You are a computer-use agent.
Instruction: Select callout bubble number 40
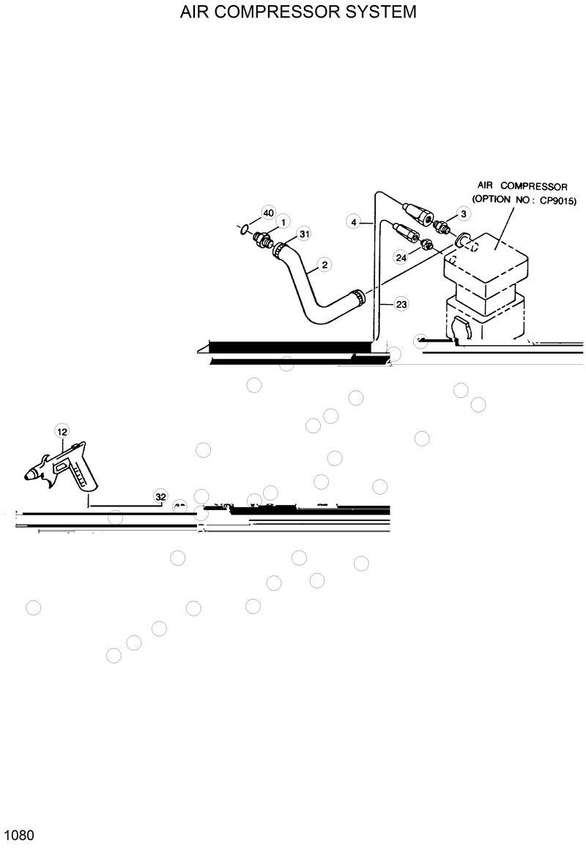pyautogui.click(x=268, y=213)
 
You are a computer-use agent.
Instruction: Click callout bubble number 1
pyautogui.click(x=282, y=221)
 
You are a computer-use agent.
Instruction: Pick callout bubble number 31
pyautogui.click(x=304, y=235)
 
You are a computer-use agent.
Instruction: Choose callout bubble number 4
pyautogui.click(x=354, y=221)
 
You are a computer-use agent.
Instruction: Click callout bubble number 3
pyautogui.click(x=463, y=213)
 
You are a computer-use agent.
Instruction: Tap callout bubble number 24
pyautogui.click(x=401, y=257)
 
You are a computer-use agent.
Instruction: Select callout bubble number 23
pyautogui.click(x=401, y=303)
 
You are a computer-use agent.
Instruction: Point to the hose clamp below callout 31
pyautogui.click(x=278, y=251)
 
